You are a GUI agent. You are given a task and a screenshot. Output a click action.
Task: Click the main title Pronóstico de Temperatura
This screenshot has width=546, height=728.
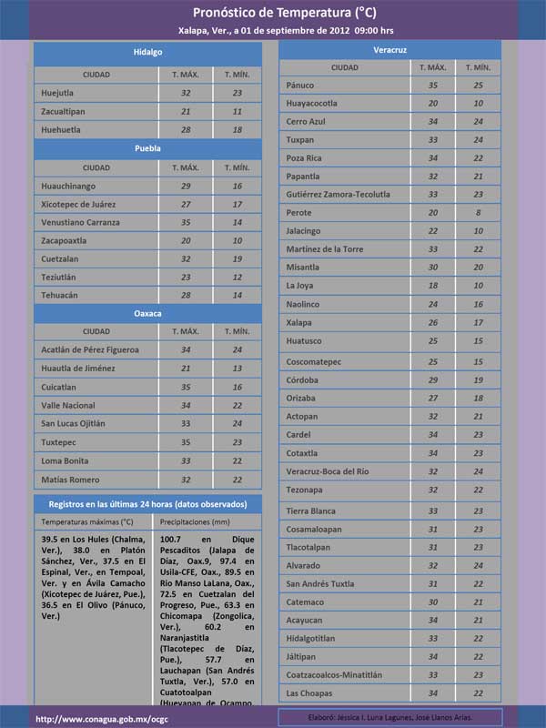click(284, 12)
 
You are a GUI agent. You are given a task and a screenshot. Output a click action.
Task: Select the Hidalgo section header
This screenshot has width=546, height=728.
click(147, 53)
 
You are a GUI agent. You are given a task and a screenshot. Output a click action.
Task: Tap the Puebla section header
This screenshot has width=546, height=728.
click(147, 147)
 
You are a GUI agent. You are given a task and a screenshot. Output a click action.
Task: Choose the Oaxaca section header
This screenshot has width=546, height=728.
click(147, 312)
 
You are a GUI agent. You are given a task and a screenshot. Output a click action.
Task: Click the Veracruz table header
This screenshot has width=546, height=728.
click(389, 47)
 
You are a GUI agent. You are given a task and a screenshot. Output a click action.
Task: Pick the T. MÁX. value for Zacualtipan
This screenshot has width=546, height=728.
click(186, 111)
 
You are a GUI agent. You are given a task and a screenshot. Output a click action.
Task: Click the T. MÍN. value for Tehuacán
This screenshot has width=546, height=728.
click(237, 295)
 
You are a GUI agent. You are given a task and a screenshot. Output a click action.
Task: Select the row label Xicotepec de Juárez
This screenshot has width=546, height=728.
click(78, 204)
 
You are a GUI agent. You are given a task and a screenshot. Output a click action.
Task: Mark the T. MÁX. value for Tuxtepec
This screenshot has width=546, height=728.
click(186, 442)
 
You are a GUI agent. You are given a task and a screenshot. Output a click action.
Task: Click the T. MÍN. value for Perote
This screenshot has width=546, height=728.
click(478, 212)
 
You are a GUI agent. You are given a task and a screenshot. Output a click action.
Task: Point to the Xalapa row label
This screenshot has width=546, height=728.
click(298, 322)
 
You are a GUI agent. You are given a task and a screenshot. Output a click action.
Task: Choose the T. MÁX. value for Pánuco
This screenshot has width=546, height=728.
click(432, 85)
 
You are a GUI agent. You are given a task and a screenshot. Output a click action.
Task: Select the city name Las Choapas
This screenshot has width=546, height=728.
click(309, 693)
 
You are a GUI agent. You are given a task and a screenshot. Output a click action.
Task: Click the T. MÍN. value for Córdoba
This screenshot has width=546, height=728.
click(478, 379)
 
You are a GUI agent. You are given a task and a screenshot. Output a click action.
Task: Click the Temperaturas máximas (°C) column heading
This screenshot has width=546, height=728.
click(87, 522)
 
